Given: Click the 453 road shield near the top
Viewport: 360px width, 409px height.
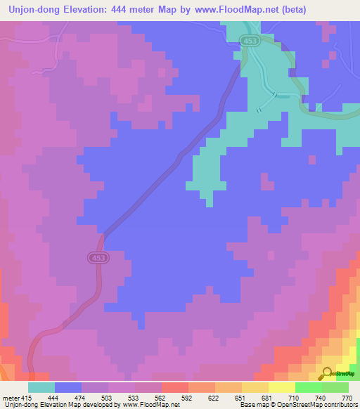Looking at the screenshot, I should (x=250, y=41).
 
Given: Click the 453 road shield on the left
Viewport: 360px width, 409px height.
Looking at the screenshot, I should (x=98, y=259).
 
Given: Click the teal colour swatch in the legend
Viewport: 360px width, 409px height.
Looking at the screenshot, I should (x=41, y=387).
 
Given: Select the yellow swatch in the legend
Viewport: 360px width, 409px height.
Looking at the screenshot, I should (x=282, y=387).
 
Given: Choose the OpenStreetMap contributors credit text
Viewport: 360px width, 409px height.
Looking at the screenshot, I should (x=316, y=404).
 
